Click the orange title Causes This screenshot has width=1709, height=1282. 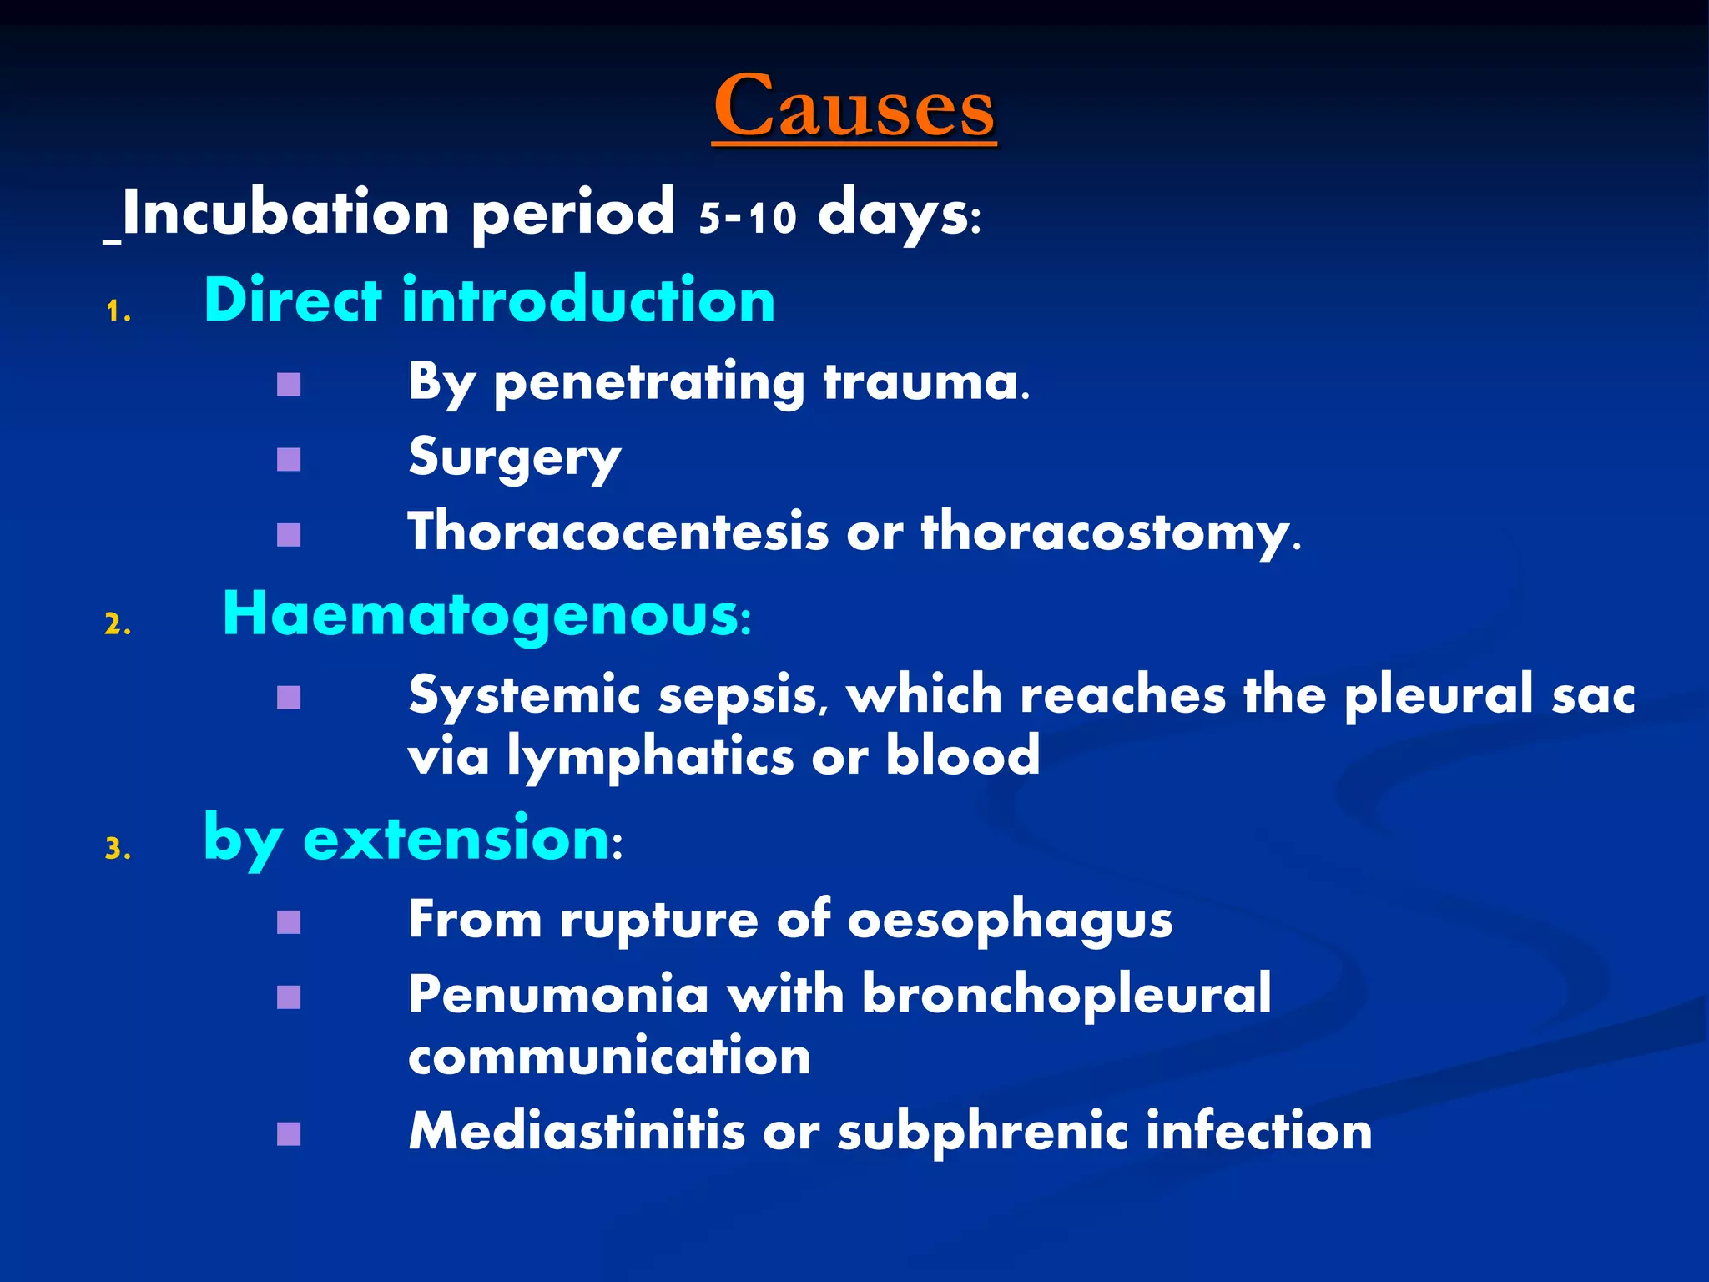point(854,107)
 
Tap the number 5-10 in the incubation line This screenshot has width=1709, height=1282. point(747,217)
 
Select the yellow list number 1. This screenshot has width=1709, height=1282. point(118,313)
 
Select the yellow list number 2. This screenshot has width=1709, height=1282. point(118,624)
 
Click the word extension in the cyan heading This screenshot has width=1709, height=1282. point(456,838)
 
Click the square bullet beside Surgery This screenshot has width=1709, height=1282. point(289,459)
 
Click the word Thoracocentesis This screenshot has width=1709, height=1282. point(618,532)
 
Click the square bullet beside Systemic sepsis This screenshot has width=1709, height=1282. point(289,697)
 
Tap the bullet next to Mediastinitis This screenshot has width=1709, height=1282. point(289,1133)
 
